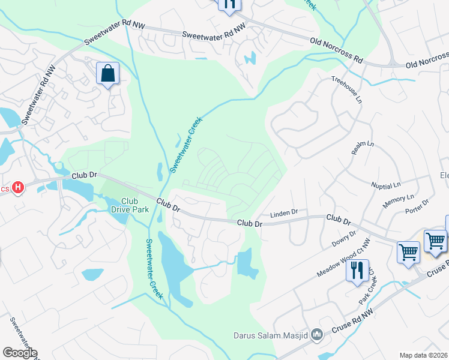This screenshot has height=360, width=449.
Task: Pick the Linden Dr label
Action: coord(284,212)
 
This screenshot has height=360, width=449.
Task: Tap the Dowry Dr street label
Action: coord(343,240)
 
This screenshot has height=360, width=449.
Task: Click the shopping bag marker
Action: coord(108,74)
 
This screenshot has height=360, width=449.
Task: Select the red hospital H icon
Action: coord(18,188)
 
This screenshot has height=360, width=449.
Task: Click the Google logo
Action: coord(19,353)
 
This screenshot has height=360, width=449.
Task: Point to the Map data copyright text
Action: coord(424,355)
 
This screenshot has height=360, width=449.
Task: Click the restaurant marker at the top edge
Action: coord(229,4)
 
